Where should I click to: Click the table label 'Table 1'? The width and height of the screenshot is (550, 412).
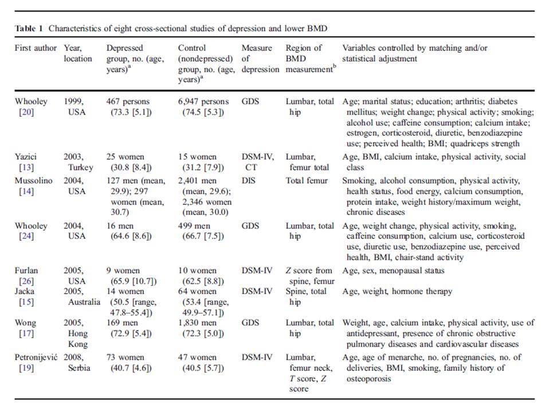tap(29, 29)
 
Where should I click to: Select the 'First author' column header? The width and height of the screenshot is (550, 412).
tap(36, 48)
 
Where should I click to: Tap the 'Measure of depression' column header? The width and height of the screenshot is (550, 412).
tap(260, 58)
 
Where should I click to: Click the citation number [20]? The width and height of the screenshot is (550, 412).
tap(26, 112)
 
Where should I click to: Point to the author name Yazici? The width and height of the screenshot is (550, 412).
tap(26, 157)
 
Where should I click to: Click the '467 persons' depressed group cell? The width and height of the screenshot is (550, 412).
tap(128, 102)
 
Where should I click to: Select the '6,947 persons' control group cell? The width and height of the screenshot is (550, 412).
tap(203, 102)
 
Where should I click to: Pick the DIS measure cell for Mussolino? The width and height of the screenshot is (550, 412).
tap(249, 181)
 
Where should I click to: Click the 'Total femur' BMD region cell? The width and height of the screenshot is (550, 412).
tap(307, 181)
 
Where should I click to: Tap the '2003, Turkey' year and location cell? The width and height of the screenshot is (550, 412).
tap(78, 162)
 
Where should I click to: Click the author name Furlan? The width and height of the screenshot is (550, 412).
tap(26, 271)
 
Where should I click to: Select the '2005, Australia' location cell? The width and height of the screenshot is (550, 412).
tap(82, 296)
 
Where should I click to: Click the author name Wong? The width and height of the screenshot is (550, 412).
tap(25, 323)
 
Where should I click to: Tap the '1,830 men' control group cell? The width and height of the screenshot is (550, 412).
tap(198, 323)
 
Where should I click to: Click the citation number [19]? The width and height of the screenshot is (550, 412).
tap(26, 368)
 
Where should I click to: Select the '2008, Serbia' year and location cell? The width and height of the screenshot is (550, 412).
tap(77, 363)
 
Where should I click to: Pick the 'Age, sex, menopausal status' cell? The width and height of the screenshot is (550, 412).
tap(393, 271)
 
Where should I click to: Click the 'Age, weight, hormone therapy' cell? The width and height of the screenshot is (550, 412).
tap(397, 291)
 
